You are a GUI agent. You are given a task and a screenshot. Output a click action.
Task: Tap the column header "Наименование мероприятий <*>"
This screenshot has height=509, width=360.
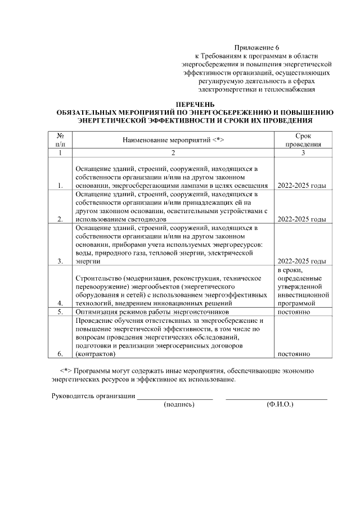tap(173, 139)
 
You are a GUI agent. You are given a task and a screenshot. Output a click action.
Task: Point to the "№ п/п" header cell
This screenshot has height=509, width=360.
tap(60, 139)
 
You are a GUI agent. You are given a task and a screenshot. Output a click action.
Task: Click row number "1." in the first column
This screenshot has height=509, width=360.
tap(60, 186)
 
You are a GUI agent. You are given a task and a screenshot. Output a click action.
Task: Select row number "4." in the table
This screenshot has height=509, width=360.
tap(60, 303)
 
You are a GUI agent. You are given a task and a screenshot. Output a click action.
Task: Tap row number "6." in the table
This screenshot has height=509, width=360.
tap(60, 354)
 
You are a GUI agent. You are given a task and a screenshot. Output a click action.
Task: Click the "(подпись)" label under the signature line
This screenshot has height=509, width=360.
tap(178, 404)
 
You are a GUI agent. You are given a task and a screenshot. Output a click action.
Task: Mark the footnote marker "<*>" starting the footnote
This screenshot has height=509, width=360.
tap(65, 371)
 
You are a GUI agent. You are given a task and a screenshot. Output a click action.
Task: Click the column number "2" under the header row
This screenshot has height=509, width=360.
tap(173, 152)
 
